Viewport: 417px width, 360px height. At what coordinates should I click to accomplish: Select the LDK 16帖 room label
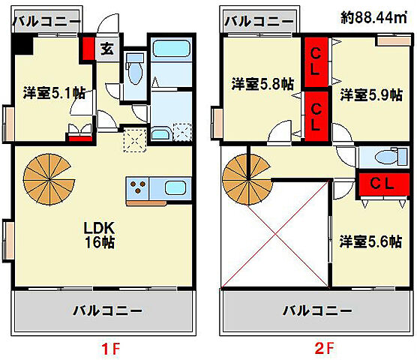click(98, 234)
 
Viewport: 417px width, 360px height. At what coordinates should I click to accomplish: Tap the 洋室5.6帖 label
click(370, 241)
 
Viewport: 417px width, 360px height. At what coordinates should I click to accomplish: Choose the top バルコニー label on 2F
click(258, 20)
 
